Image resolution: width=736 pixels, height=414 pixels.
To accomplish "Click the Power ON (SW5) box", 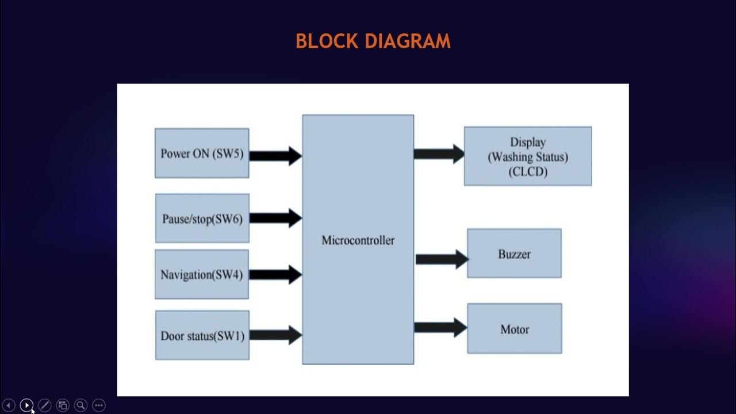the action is [x=202, y=153].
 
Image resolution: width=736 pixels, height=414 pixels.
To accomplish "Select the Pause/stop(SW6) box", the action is [x=202, y=218].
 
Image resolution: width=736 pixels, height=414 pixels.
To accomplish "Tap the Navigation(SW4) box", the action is [x=202, y=274].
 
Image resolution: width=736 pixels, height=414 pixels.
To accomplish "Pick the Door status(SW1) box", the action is [x=202, y=335].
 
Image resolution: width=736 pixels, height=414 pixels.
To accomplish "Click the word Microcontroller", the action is [x=358, y=240].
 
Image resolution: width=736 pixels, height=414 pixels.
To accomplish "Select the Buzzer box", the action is [x=514, y=254].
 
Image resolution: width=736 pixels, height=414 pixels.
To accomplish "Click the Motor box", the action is [x=515, y=328].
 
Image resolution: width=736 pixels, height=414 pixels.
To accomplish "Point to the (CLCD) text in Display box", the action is [x=528, y=172].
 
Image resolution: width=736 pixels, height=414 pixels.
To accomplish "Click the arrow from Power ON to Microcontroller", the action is [x=275, y=156].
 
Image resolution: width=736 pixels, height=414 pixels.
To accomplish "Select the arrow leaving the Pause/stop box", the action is [x=275, y=218].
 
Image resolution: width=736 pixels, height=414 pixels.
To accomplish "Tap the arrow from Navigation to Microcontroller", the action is [x=275, y=275].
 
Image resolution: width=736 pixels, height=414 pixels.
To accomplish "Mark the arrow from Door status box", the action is [x=275, y=335].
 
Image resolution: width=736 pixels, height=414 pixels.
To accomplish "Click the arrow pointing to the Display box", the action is [x=439, y=154].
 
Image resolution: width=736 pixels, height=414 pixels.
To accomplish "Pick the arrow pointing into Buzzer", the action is [x=442, y=259].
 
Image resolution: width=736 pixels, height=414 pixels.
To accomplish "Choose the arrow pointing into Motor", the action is [x=440, y=328].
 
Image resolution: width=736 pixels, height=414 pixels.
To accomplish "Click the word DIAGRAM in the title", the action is [x=408, y=41].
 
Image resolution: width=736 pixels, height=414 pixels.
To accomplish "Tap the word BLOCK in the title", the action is [x=327, y=41].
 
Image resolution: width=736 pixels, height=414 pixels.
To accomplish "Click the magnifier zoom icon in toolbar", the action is [x=80, y=405].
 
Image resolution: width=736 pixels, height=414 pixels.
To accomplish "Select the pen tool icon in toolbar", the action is [x=45, y=405].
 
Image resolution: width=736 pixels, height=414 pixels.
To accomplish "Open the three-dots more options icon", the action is [x=98, y=405].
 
